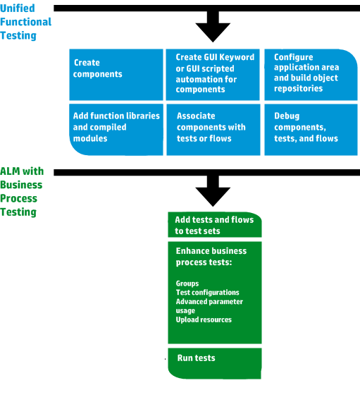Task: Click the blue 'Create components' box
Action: point(116,75)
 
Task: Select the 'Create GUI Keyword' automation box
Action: point(213,75)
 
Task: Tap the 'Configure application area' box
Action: point(311,75)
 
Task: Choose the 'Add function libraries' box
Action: point(116,130)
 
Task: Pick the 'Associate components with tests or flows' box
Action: point(213,130)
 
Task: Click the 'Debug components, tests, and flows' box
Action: point(311,130)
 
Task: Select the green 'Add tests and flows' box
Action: point(215,225)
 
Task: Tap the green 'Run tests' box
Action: point(215,363)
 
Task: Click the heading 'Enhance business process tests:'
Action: point(211,257)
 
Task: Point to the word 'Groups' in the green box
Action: point(187,284)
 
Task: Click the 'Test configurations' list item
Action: point(208,293)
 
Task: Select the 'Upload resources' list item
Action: point(204,319)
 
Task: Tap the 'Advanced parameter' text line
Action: point(209,302)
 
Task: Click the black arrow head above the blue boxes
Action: point(213,32)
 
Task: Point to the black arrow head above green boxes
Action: point(213,197)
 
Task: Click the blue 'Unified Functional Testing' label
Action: point(26,22)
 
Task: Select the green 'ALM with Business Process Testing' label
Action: point(22,192)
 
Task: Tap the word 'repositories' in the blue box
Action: point(298,88)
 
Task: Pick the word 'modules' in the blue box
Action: point(90,138)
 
